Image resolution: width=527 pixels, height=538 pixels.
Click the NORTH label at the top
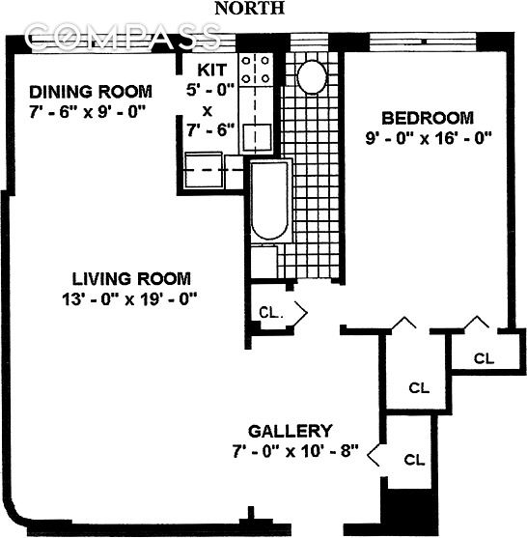pos(249,9)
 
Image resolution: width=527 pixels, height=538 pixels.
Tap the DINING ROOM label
pos(90,92)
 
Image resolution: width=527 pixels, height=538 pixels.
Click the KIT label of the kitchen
pos(212,71)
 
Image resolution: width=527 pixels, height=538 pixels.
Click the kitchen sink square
pos(256,136)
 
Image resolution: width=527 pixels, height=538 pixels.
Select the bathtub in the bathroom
pos(268,204)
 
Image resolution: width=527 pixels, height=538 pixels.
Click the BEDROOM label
pos(428,118)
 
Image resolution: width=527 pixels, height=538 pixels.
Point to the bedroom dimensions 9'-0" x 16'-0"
pos(428,137)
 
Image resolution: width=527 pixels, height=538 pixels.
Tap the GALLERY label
pos(290,431)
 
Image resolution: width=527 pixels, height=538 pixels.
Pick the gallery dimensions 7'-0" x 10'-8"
pos(295,451)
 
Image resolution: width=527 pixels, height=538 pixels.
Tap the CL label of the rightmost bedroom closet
pos(484,358)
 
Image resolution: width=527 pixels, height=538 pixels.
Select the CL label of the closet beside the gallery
pos(416,460)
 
